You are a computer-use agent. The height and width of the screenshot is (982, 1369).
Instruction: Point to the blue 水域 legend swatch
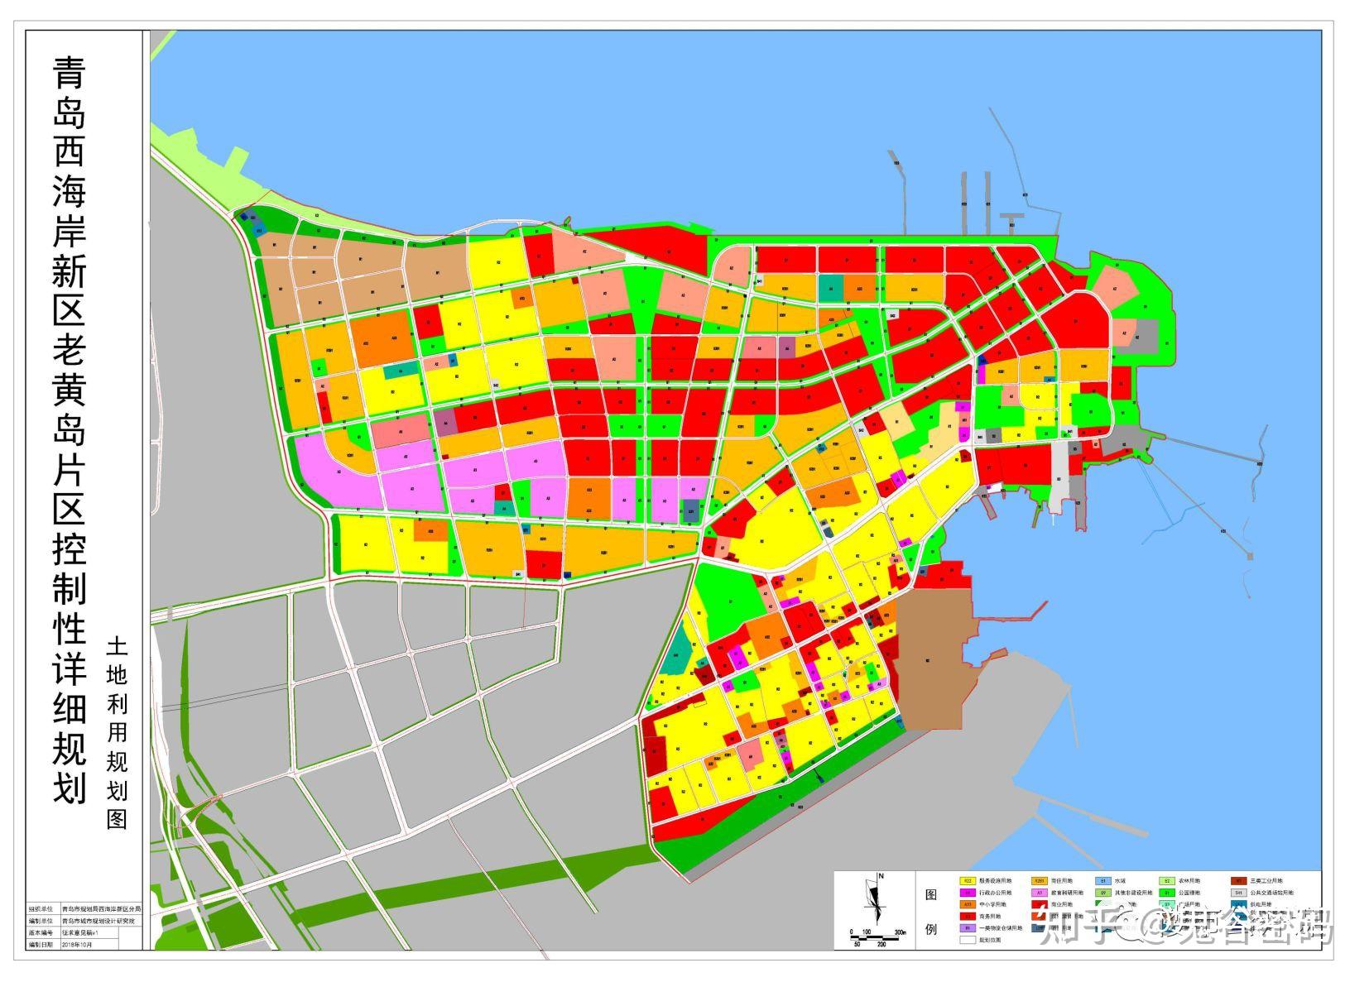pos(1103,882)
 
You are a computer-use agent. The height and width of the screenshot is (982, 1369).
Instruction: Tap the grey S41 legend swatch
pos(1238,893)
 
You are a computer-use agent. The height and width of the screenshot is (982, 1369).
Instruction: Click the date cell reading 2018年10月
pos(78,943)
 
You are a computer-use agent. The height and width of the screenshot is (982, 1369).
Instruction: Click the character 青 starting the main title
pos(70,74)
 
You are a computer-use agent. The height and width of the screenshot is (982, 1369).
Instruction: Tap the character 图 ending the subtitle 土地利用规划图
pos(117,818)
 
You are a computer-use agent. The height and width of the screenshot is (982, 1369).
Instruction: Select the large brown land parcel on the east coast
pos(931,662)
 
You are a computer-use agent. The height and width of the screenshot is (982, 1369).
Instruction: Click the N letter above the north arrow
pos(881,876)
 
